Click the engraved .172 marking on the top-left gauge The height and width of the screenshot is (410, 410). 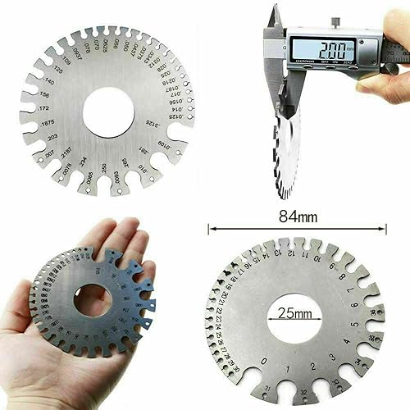pos(43,108)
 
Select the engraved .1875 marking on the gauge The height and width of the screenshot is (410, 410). pos(47,122)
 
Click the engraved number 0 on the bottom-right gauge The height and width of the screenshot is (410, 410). pos(262,360)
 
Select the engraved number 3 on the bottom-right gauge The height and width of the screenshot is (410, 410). pos(330,358)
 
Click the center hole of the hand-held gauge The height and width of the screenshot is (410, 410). pos(93,301)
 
